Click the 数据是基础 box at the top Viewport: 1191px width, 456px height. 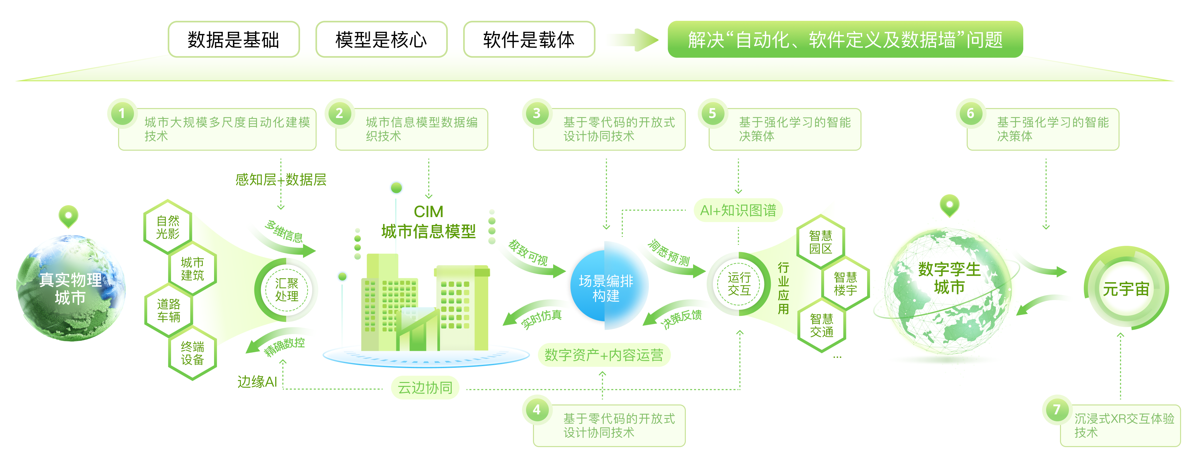[x=234, y=40]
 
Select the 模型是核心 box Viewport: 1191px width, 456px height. [x=381, y=40]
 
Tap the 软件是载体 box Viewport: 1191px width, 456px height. [x=529, y=40]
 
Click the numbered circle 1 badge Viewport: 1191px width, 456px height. [x=122, y=114]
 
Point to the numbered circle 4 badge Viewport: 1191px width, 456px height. [x=536, y=409]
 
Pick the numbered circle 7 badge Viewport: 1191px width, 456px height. [x=1056, y=409]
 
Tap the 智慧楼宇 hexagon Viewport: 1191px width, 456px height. [x=845, y=284]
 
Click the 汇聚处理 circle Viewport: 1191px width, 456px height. [x=287, y=290]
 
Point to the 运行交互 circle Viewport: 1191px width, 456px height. [x=739, y=284]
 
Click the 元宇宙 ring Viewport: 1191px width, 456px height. [x=1126, y=289]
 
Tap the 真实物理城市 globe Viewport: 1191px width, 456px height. [x=70, y=289]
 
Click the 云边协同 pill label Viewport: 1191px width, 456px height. [x=425, y=388]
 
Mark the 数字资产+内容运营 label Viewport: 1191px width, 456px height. [x=604, y=355]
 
